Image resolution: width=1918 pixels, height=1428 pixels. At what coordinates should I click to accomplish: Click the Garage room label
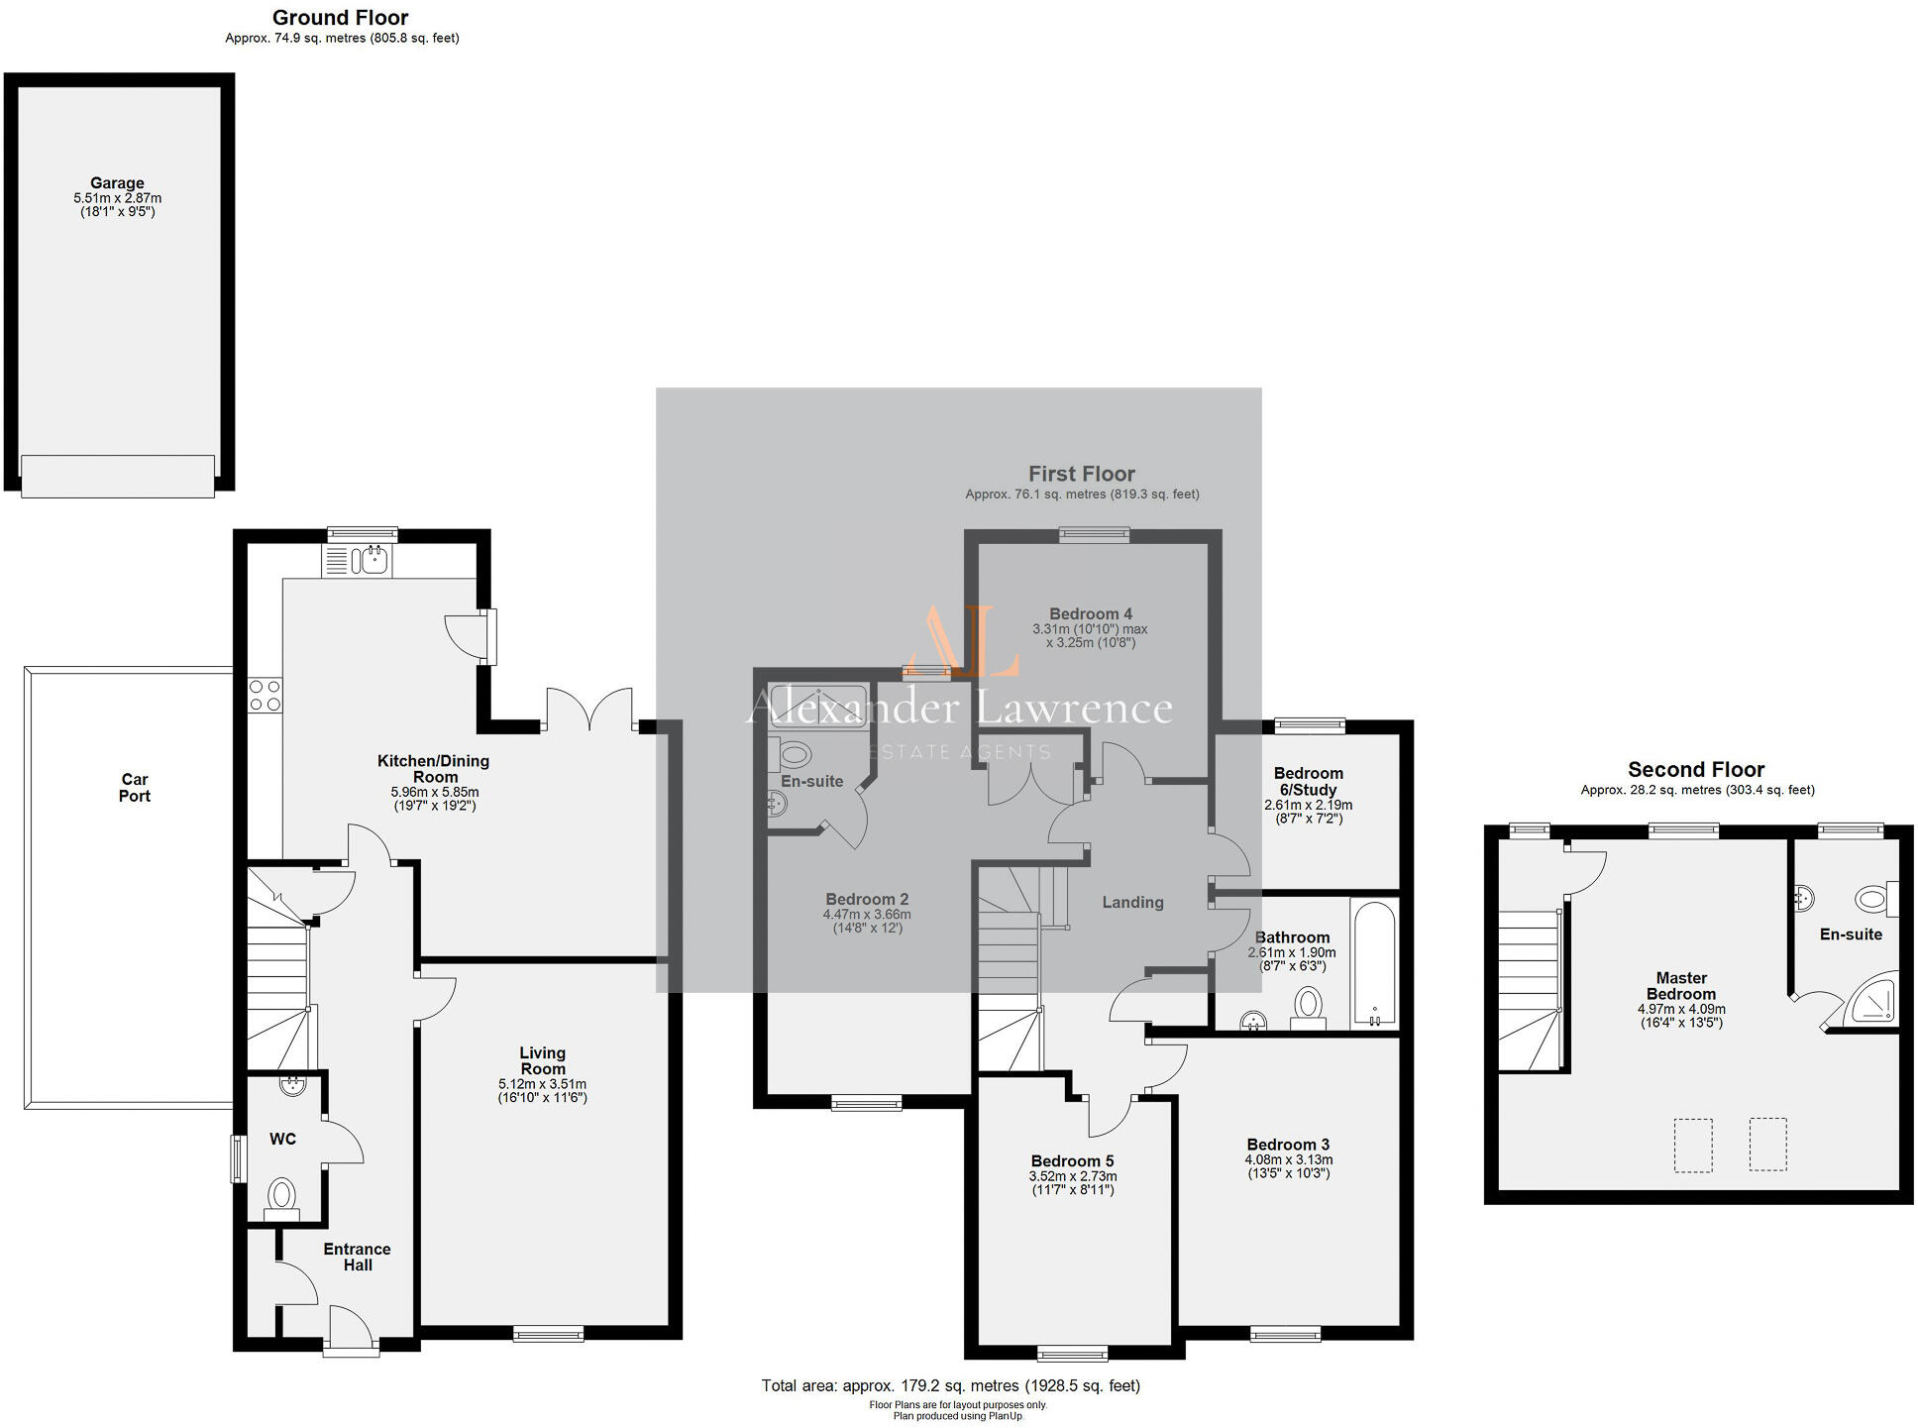click(x=117, y=183)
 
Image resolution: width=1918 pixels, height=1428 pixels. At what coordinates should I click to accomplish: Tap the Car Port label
click(x=135, y=788)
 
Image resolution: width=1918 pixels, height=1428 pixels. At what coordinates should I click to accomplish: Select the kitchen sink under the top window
click(x=374, y=561)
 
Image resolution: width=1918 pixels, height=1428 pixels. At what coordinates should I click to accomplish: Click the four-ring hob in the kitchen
click(x=265, y=695)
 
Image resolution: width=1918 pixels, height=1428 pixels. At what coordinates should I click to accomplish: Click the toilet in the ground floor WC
click(x=281, y=1195)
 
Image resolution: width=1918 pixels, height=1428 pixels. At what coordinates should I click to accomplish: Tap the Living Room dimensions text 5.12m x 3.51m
click(x=542, y=1084)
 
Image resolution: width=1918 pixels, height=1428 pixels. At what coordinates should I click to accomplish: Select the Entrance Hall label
click(x=357, y=1257)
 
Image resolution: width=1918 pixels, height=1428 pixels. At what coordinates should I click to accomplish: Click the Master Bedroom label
click(x=1681, y=986)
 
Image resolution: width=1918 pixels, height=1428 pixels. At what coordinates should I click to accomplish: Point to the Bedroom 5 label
click(x=1072, y=1161)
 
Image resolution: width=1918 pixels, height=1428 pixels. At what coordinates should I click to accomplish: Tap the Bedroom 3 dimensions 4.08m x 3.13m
click(x=1288, y=1159)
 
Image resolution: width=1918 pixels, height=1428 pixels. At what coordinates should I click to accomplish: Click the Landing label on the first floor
click(x=1132, y=903)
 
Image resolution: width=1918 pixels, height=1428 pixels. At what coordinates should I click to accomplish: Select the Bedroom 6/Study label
click(x=1308, y=781)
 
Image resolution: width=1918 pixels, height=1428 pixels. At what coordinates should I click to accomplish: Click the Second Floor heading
click(x=1696, y=770)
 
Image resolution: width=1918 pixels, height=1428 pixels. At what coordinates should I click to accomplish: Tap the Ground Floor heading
click(x=340, y=18)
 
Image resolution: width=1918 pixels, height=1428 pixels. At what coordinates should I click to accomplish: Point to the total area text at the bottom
click(x=950, y=1385)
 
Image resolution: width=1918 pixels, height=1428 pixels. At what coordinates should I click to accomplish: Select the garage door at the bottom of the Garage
click(x=118, y=476)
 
